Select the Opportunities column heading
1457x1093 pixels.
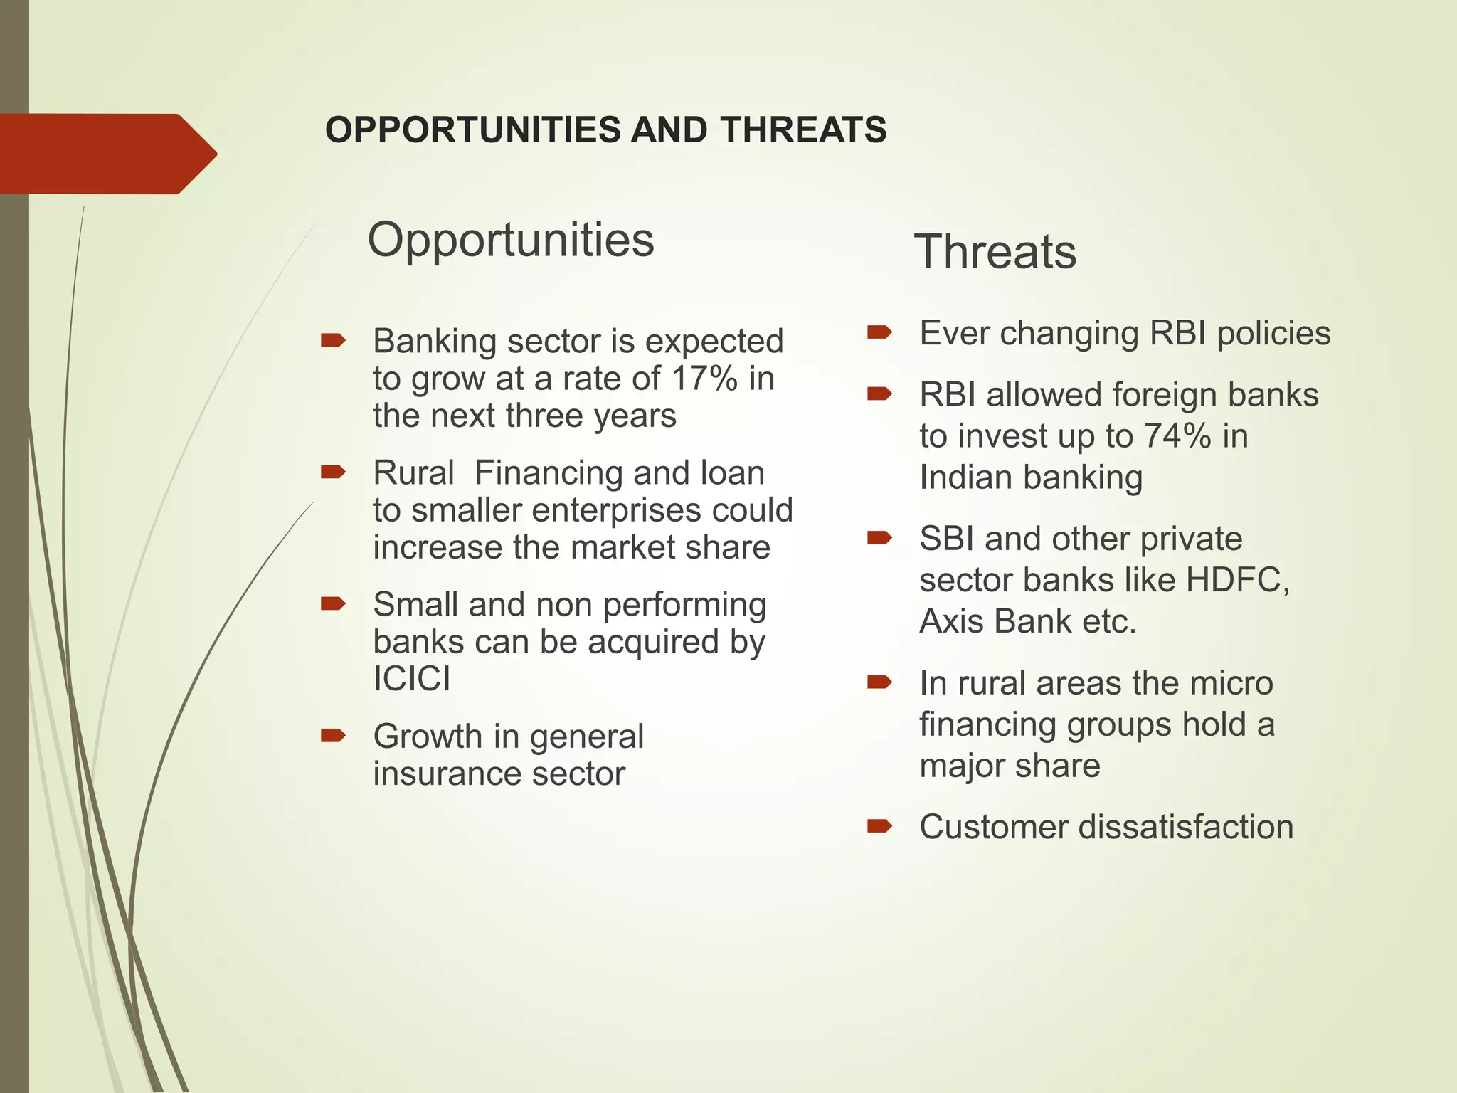click(x=510, y=240)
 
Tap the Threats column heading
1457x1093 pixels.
click(x=995, y=252)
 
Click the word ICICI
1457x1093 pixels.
click(x=412, y=678)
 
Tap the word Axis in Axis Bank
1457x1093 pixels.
click(x=952, y=621)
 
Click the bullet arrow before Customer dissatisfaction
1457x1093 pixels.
click(x=879, y=826)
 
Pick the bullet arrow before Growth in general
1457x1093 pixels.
click(x=333, y=735)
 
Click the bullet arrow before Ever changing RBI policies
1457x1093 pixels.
click(x=879, y=332)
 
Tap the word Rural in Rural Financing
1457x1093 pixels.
click(x=413, y=473)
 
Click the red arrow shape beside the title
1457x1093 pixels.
click(x=107, y=154)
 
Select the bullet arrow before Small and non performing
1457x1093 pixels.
click(x=333, y=604)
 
